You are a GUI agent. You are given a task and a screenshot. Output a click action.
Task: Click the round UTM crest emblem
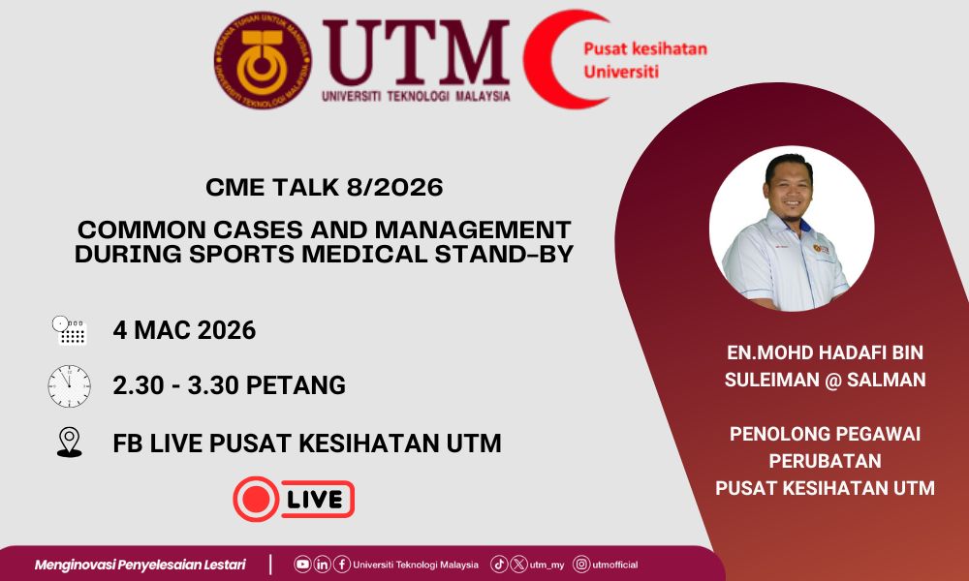(263, 60)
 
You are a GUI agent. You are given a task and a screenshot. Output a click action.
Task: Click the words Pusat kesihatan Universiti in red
(645, 60)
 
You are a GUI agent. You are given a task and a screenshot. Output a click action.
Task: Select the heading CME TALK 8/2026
(325, 187)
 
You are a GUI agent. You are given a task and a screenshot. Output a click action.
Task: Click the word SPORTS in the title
(242, 254)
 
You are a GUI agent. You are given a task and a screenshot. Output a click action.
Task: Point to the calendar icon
(69, 330)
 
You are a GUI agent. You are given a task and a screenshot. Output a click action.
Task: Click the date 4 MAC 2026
(184, 330)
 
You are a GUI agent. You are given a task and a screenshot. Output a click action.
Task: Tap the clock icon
(69, 386)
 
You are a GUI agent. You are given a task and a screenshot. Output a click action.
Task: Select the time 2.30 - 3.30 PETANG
(230, 385)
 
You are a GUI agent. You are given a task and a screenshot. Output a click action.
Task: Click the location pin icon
(69, 443)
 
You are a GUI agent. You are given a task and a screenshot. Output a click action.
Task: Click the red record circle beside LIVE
(256, 499)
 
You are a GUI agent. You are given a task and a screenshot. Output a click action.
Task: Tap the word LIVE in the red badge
(315, 500)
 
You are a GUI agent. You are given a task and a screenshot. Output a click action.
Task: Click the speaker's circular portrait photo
(792, 229)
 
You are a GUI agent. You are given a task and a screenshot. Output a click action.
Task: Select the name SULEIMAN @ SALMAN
(825, 379)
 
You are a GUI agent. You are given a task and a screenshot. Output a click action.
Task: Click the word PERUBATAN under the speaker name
(825, 461)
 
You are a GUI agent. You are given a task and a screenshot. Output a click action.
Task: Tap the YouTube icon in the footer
(302, 564)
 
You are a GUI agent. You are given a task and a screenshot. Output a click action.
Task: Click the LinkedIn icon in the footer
(322, 564)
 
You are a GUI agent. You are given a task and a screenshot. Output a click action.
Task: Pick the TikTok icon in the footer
(499, 564)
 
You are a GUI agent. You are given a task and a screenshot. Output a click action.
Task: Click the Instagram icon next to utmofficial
(581, 564)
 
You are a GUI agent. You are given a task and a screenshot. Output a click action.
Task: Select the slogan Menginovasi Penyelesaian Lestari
(141, 565)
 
